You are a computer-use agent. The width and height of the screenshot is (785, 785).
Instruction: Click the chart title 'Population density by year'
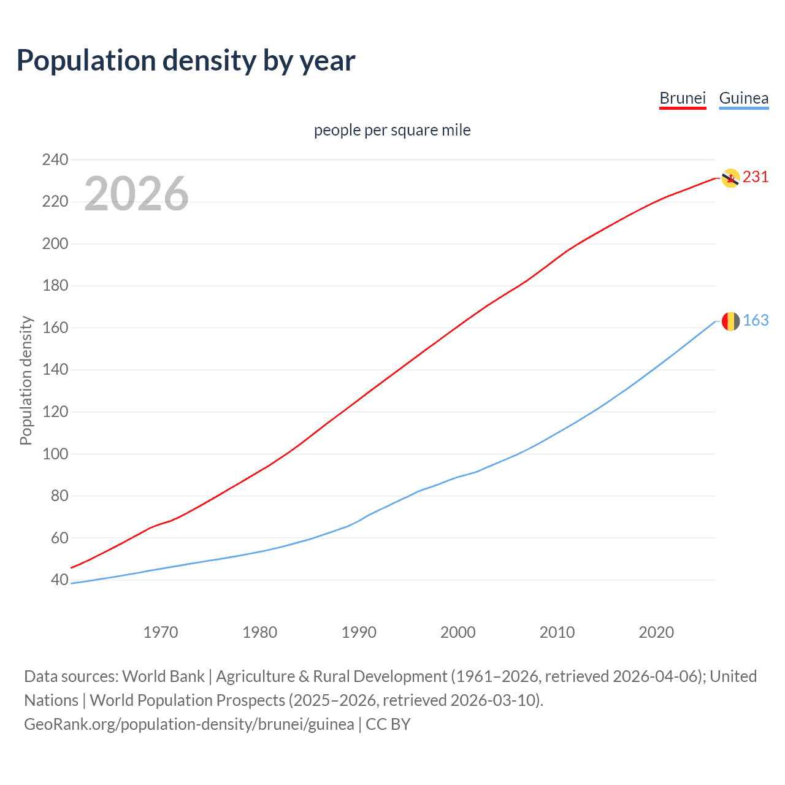[x=186, y=61]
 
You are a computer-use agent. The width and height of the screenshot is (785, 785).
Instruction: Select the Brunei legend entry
[x=683, y=98]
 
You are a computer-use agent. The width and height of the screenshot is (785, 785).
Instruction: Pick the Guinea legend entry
[x=743, y=98]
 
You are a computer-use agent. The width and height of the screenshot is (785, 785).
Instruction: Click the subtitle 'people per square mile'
[x=392, y=130]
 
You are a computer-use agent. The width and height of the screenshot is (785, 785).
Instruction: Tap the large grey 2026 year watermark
[x=136, y=194]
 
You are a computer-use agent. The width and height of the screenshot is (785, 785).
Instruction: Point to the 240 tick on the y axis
[x=55, y=160]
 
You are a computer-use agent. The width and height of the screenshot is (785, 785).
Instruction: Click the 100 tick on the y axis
[x=55, y=454]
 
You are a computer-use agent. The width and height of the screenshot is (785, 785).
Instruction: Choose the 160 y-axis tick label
[x=55, y=328]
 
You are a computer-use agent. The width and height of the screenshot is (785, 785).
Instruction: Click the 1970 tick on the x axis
[x=161, y=632]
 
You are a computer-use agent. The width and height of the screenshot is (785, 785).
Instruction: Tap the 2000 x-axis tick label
[x=458, y=632]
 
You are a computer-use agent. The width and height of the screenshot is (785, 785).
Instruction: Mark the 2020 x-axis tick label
[x=656, y=632]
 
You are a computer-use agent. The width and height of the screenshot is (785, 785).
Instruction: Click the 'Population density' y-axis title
[x=26, y=380]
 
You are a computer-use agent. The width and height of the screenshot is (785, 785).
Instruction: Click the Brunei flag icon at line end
[x=730, y=178]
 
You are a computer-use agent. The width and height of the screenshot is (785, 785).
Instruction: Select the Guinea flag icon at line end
[x=730, y=321]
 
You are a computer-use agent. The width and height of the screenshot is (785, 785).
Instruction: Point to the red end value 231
[x=756, y=177]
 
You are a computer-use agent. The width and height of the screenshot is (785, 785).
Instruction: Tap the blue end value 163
[x=756, y=321]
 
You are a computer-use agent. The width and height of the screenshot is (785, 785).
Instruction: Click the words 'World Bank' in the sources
[x=163, y=676]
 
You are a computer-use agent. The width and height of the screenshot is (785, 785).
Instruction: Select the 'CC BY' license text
[x=388, y=724]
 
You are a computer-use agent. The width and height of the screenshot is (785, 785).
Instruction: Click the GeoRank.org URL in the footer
[x=189, y=724]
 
